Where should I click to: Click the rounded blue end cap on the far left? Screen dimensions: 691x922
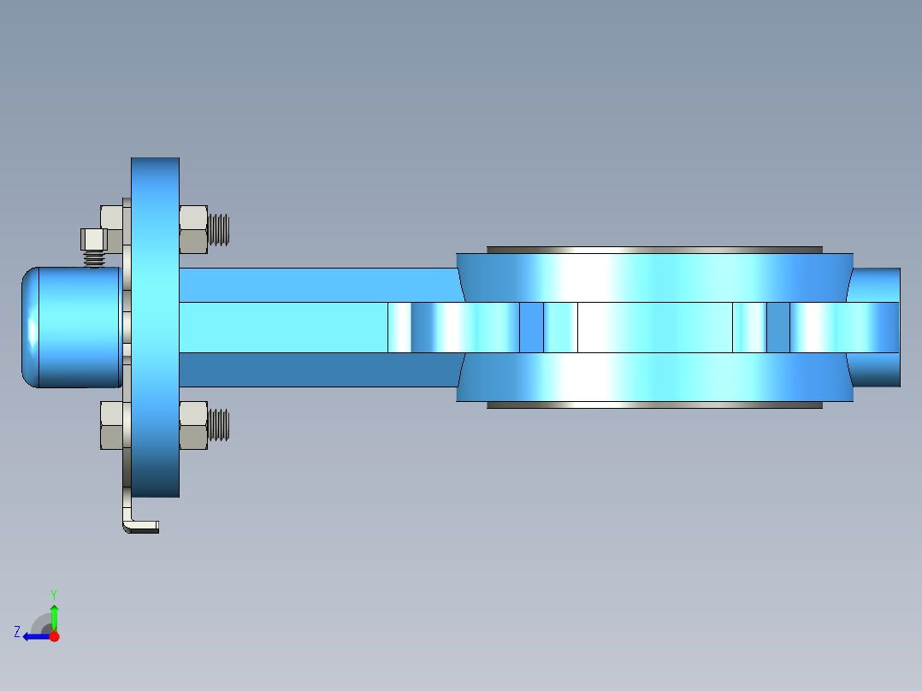click(x=68, y=328)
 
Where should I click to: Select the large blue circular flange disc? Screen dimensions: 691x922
click(x=155, y=328)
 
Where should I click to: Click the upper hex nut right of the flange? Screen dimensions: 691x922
click(x=193, y=229)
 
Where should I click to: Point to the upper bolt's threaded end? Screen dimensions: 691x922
click(x=220, y=229)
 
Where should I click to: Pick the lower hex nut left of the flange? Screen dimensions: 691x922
click(x=112, y=425)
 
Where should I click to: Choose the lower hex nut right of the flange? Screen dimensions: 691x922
click(x=193, y=425)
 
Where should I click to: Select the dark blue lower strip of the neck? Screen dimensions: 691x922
click(x=316, y=369)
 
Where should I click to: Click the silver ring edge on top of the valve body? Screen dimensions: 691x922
click(x=654, y=250)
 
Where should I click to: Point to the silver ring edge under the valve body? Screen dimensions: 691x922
click(x=654, y=405)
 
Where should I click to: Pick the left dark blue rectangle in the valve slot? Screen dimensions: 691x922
click(x=531, y=328)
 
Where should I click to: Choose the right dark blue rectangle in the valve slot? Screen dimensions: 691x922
click(x=777, y=328)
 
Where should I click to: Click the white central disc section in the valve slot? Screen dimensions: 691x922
click(x=654, y=328)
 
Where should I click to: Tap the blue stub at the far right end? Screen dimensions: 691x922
click(x=877, y=328)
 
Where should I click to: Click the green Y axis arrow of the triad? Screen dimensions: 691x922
click(x=54, y=613)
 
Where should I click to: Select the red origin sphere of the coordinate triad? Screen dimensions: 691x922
click(x=54, y=636)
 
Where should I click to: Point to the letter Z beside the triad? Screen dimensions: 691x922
click(x=17, y=632)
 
